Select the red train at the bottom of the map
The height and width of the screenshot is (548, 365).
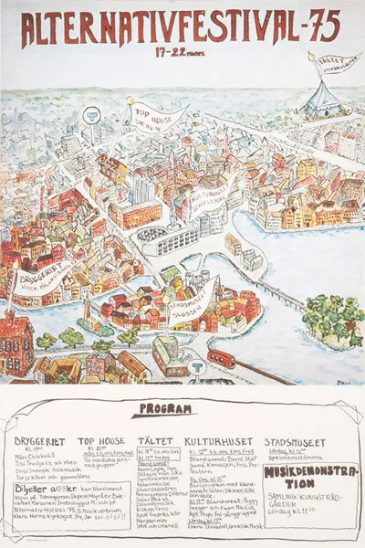point(222,358)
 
